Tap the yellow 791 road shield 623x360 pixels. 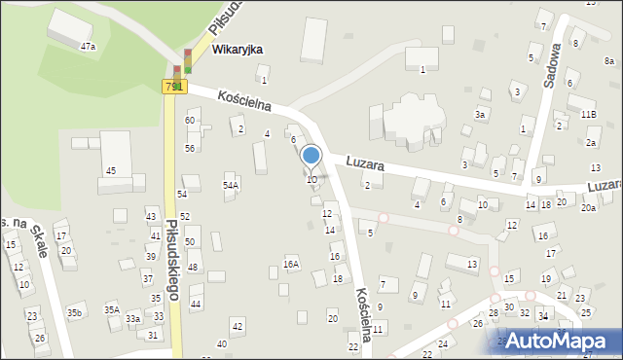point(173,87)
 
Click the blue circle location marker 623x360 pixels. point(311,155)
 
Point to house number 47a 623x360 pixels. point(89,46)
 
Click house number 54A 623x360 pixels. point(231,185)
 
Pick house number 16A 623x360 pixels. point(291,264)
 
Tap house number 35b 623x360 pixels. point(74,312)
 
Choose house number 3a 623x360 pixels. point(480,115)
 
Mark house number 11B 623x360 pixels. point(588,115)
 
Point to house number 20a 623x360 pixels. point(588,207)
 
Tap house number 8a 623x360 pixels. point(608,60)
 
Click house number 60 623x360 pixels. point(191,120)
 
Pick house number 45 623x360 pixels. point(111,171)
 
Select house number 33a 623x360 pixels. point(133,318)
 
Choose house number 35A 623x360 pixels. point(112,309)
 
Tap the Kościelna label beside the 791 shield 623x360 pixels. point(243,101)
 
